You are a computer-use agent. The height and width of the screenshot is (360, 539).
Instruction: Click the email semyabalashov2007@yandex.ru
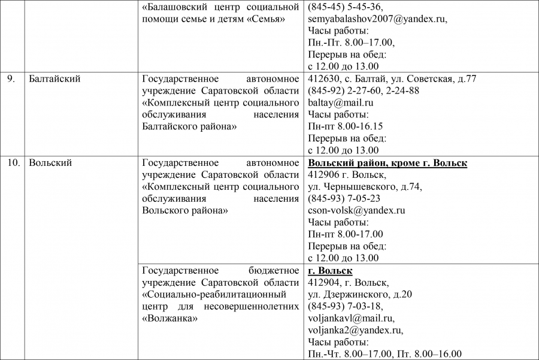click(377, 19)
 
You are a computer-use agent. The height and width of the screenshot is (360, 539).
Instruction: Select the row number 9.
click(11, 78)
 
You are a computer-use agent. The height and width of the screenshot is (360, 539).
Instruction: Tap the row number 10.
click(13, 163)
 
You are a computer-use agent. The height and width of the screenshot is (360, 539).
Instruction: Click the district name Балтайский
click(54, 78)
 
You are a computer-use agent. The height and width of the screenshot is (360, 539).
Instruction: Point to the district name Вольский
click(50, 163)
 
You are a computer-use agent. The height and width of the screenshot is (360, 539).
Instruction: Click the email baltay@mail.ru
click(340, 102)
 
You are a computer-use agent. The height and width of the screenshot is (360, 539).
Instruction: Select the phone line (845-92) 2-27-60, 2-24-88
click(364, 90)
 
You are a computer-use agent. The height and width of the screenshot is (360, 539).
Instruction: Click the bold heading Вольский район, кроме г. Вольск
click(387, 163)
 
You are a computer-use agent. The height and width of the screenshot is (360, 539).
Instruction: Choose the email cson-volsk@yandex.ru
click(356, 210)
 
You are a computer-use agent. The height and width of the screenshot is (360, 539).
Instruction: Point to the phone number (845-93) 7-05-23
click(344, 198)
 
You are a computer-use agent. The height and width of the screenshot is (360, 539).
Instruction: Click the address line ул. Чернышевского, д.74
click(365, 186)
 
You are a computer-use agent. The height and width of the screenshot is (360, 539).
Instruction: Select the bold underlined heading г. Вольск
click(330, 271)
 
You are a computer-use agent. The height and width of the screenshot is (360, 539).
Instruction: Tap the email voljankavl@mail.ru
click(350, 318)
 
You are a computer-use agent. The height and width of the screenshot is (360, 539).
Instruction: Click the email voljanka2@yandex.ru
click(355, 330)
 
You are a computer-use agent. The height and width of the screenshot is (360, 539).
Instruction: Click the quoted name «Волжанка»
click(170, 318)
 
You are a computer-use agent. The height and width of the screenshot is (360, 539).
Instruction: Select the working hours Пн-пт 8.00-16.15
click(346, 126)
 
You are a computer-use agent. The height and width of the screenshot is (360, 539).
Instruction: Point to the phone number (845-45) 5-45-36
click(346, 7)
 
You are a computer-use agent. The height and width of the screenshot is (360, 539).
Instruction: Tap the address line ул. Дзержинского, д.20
click(360, 294)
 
